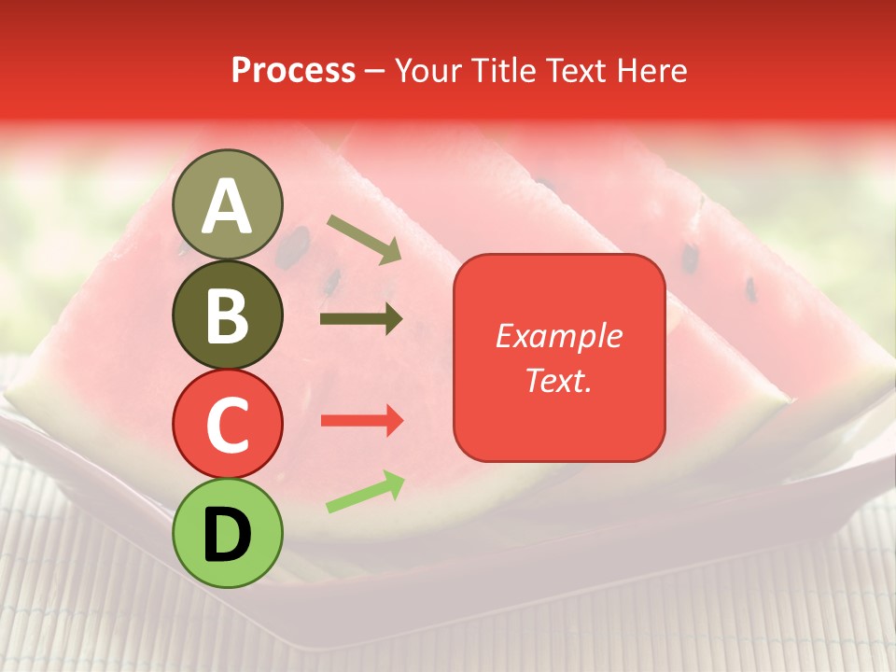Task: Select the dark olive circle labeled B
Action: coord(228,315)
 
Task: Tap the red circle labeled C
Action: coord(228,424)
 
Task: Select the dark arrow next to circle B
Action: coord(361,319)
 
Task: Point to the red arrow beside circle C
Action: coord(361,421)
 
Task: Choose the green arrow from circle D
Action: coord(365,492)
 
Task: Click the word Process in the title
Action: coord(293,71)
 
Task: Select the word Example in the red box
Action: coord(558,336)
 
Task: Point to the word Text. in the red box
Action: coord(558,380)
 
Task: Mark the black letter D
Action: coord(228,534)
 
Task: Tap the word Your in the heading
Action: coord(428,71)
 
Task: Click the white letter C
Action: coord(228,424)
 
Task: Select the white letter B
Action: coord(228,315)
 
